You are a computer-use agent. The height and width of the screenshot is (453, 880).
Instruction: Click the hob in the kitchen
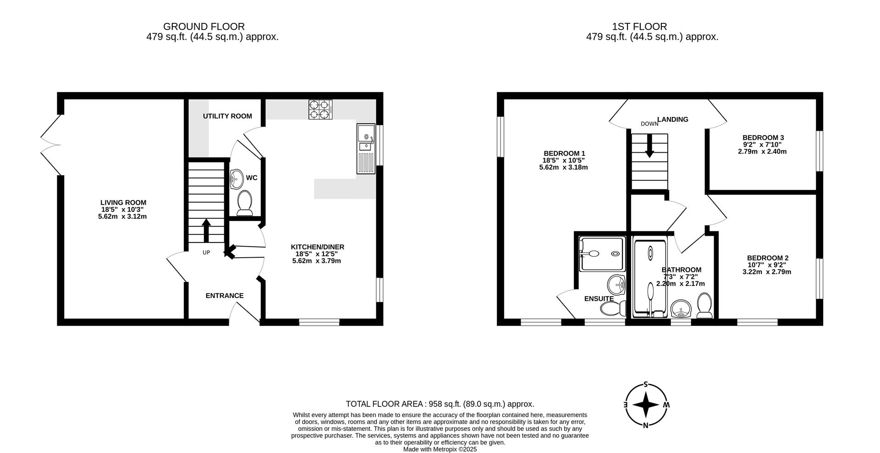pyautogui.click(x=320, y=110)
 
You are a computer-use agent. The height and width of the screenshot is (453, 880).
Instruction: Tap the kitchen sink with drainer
pyautogui.click(x=365, y=149)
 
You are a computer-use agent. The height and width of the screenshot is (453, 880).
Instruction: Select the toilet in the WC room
pyautogui.click(x=245, y=204)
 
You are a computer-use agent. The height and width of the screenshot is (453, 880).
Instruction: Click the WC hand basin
pyautogui.click(x=236, y=178)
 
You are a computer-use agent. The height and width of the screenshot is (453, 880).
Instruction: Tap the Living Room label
pyautogui.click(x=123, y=203)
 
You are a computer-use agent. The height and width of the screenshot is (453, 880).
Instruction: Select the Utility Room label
pyautogui.click(x=227, y=116)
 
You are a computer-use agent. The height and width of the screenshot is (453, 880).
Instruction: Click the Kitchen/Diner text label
pyautogui.click(x=317, y=247)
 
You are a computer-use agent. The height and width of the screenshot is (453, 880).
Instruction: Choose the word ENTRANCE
pyautogui.click(x=225, y=296)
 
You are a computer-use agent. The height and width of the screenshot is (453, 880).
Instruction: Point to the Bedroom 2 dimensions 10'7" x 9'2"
pyautogui.click(x=767, y=265)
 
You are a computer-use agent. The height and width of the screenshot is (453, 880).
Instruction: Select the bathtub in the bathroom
pyautogui.click(x=650, y=278)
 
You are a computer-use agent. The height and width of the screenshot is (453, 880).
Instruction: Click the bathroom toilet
pyautogui.click(x=704, y=306)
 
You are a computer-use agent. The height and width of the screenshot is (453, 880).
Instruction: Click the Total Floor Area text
pyautogui.click(x=440, y=404)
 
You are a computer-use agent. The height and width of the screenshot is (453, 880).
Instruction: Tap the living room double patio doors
pyautogui.click(x=51, y=145)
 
